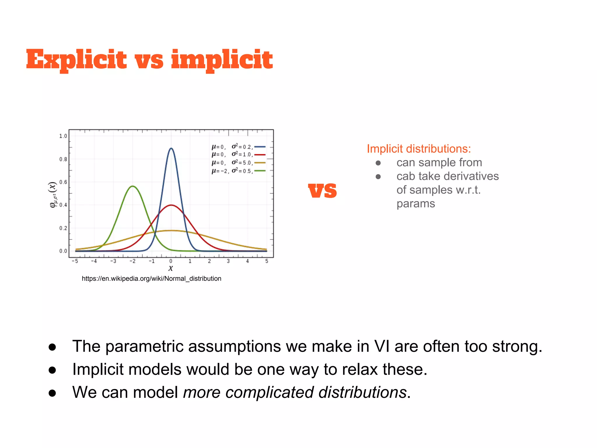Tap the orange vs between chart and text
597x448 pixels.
(322, 191)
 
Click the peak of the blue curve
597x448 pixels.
(171, 148)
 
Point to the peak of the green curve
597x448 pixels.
(133, 186)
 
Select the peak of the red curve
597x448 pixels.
(171, 205)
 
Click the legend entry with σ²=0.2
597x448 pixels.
(238, 147)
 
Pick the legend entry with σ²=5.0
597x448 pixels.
(238, 163)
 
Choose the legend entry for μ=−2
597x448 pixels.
(238, 171)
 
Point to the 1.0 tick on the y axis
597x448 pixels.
(63, 136)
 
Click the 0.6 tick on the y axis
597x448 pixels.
(63, 182)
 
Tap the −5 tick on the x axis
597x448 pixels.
(75, 261)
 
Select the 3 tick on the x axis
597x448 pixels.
(228, 261)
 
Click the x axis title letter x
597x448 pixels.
(171, 268)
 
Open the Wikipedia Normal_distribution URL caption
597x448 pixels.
(152, 279)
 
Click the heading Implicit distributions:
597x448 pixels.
(419, 149)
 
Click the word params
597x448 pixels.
(416, 204)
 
